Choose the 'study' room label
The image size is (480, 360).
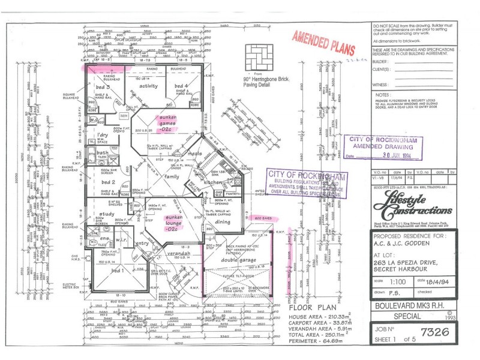point(107,214)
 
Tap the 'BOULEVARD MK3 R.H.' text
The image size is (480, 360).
point(408,305)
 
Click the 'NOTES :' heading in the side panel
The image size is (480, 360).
point(383,95)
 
